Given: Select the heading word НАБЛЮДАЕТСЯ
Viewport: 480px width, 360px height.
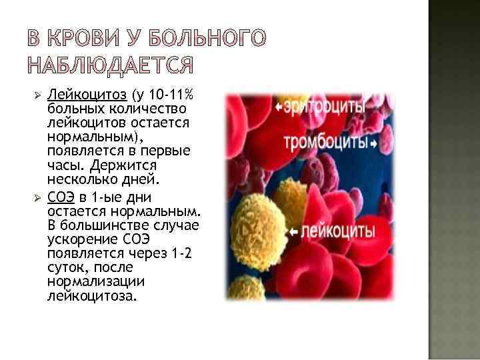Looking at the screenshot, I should [x=112, y=66].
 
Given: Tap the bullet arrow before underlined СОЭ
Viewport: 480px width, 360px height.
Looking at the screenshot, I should [x=39, y=197].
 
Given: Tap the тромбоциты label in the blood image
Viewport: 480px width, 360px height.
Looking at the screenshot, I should [x=327, y=143].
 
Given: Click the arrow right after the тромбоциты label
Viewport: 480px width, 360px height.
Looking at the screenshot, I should [x=374, y=144].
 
